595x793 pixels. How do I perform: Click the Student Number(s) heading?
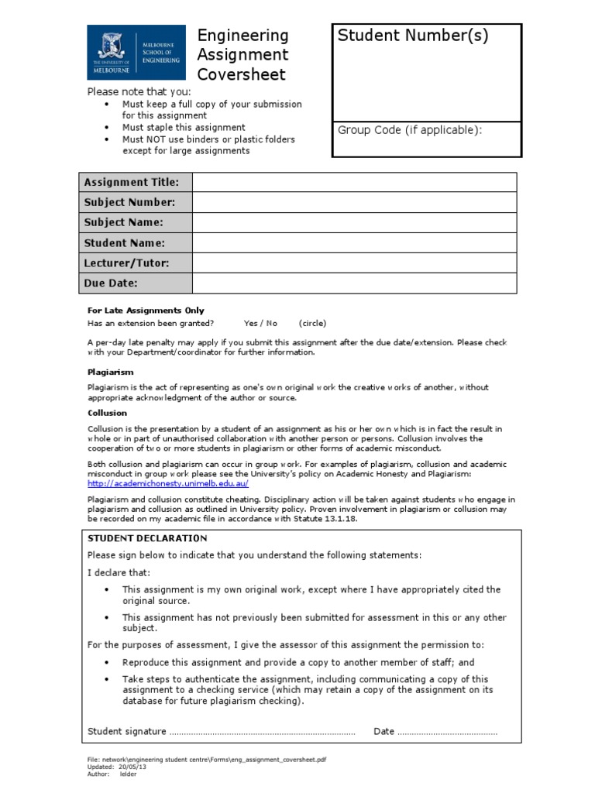pos(413,36)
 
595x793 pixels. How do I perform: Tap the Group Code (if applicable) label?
pos(410,130)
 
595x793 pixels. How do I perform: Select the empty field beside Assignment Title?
pos(354,182)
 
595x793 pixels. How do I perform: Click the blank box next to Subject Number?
pos(354,202)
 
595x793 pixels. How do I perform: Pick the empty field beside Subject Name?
pos(354,222)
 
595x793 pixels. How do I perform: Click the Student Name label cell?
pos(136,243)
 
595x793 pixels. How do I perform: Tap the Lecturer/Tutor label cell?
pos(136,263)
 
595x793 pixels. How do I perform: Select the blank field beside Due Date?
pos(354,283)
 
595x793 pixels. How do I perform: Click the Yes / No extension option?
pos(260,323)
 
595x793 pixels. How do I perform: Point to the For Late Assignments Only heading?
pos(146,311)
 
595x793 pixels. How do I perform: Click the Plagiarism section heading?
pos(110,372)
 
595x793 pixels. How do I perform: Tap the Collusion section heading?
pos(107,414)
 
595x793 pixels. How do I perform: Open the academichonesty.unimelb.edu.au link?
pos(168,483)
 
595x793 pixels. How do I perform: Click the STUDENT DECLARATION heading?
pos(147,538)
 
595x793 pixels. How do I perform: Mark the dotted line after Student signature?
pos(262,732)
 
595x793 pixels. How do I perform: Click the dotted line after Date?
pos(447,732)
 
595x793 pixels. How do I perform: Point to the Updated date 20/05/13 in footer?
pos(132,767)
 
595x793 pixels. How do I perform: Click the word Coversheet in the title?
pos(242,75)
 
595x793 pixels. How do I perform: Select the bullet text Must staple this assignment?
pos(184,127)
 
